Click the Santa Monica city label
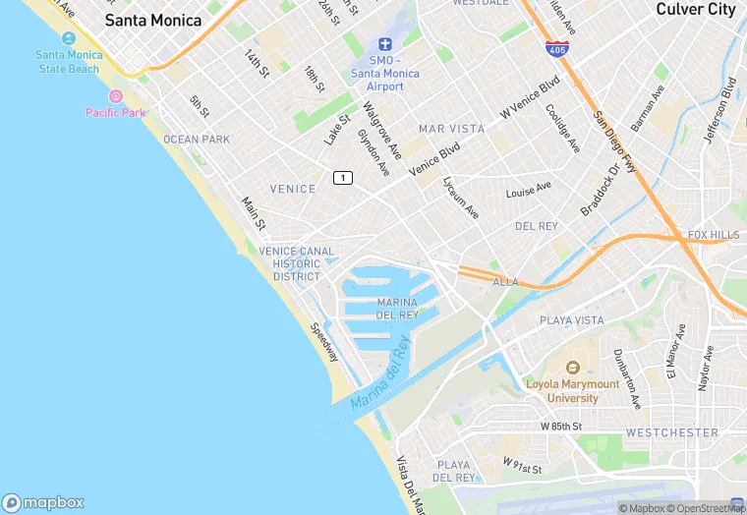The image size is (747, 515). [153, 21]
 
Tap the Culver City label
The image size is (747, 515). [695, 9]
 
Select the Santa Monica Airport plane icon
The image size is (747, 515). [384, 45]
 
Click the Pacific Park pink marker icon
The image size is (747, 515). [115, 96]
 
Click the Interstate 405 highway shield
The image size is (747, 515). [556, 46]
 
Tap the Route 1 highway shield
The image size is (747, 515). [342, 178]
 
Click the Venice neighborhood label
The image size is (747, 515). [293, 189]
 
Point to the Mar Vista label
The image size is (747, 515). [452, 129]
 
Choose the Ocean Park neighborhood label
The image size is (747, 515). [197, 140]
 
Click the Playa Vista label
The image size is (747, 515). [572, 320]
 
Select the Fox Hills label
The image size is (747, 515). [714, 235]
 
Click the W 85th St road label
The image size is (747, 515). [561, 428]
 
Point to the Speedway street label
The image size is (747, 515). [324, 342]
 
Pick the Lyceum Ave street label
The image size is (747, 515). [460, 198]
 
